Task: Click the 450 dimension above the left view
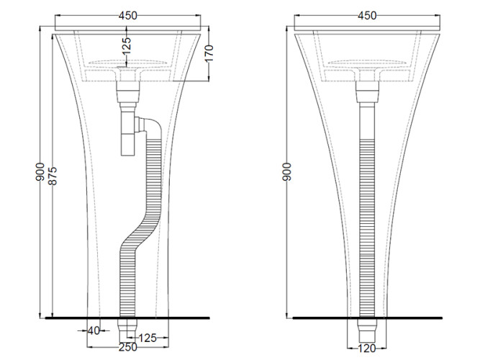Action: pos(127,16)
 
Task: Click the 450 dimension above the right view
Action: pos(367,16)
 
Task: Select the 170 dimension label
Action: pos(209,53)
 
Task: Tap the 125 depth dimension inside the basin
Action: pos(127,45)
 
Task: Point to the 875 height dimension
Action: pos(53,176)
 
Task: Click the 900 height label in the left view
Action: pos(40,171)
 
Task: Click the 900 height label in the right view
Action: pos(287,171)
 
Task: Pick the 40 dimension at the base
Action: pos(94,330)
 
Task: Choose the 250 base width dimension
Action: pos(128,347)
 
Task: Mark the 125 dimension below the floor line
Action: pos(148,338)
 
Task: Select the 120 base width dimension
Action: pos(366,348)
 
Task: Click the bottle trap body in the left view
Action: pos(128,134)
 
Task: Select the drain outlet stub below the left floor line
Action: pos(127,330)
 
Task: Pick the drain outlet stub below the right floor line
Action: pos(367,330)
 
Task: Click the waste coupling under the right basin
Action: pos(367,91)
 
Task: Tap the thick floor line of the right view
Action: pos(367,318)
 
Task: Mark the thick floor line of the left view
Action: pos(127,318)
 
